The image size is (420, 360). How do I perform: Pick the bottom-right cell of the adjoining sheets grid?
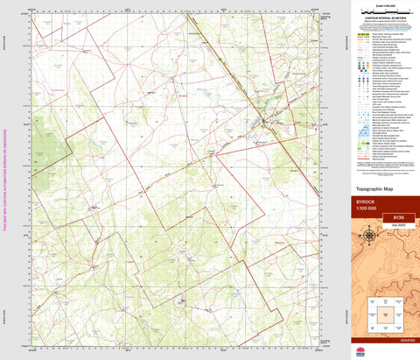[395, 323]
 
